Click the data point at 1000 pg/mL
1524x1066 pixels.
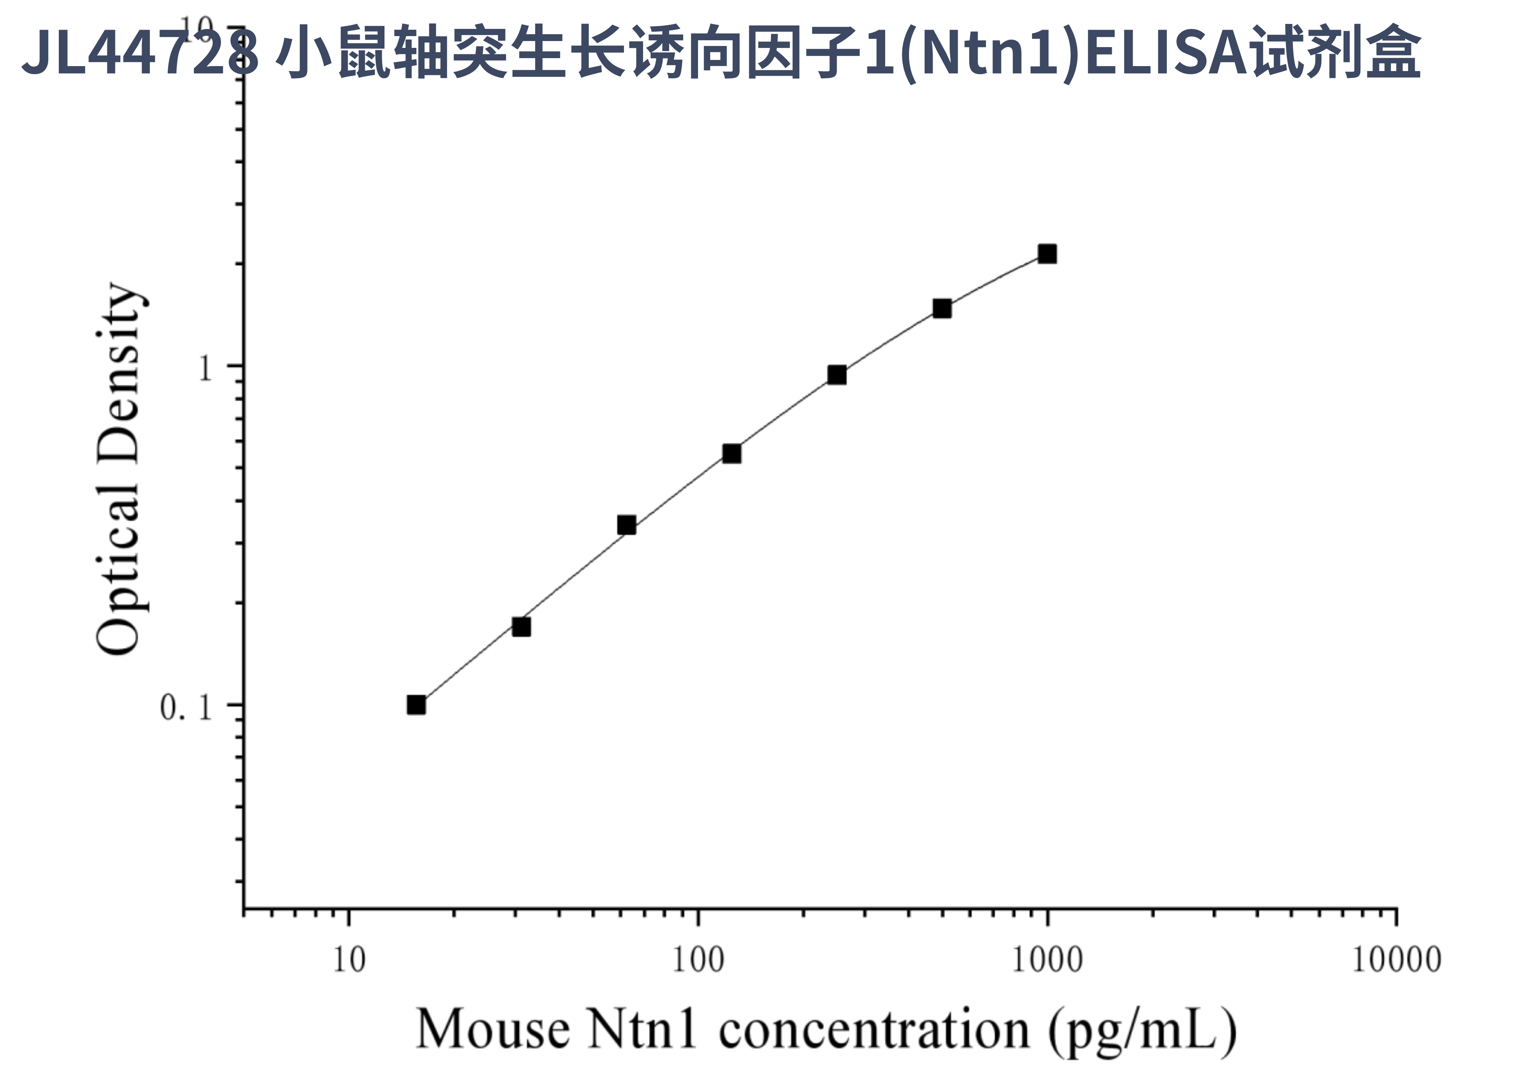[1047, 254]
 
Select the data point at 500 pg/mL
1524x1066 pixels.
[942, 308]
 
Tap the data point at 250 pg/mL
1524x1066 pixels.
[837, 375]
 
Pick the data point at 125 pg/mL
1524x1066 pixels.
[731, 454]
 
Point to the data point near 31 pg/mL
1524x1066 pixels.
[522, 626]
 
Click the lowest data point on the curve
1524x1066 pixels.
[416, 705]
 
